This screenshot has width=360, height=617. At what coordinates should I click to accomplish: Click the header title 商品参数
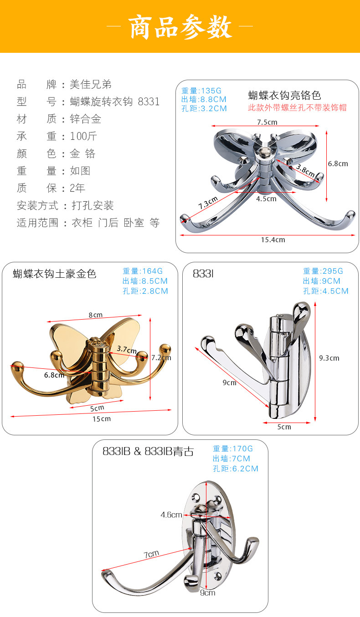180,26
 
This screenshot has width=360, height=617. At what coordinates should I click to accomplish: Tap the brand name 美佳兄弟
91,84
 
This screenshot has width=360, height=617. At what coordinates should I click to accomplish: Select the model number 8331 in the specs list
149,102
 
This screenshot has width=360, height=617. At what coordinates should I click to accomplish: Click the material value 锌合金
86,119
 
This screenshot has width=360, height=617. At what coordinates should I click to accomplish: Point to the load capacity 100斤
83,136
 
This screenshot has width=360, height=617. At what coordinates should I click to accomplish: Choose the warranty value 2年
77,188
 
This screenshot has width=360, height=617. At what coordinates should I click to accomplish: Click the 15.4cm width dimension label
273,240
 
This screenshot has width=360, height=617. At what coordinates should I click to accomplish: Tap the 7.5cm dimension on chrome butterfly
267,122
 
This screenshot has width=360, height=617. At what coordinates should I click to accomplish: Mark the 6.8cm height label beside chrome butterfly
338,163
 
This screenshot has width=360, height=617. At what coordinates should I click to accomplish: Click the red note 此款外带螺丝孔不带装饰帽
297,107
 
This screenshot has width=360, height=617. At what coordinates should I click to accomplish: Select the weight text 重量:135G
201,90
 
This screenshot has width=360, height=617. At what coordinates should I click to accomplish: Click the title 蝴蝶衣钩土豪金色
55,274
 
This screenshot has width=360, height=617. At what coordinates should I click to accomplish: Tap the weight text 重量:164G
143,271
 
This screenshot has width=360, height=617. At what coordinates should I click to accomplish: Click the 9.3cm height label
329,358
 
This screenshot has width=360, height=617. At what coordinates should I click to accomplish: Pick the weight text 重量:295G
323,271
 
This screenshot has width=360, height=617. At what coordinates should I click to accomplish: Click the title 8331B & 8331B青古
148,451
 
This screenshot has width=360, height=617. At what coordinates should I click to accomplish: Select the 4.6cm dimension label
171,515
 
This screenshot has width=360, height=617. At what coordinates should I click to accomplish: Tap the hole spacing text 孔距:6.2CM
235,469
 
